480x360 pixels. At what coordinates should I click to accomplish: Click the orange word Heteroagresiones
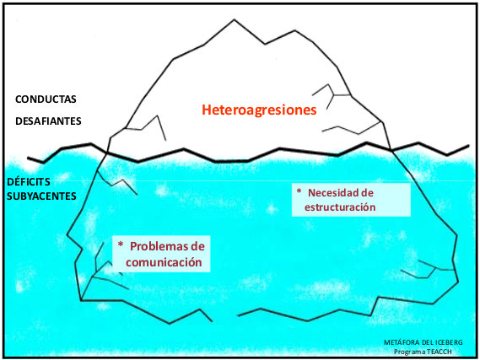259,110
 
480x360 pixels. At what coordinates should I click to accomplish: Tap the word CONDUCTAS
46,99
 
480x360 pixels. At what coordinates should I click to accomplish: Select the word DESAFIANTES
48,121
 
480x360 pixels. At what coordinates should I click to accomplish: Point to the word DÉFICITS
29,182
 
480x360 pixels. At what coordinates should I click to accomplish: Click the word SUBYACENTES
41,196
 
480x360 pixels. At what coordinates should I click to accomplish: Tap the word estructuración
340,207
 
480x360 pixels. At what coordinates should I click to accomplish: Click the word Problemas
157,246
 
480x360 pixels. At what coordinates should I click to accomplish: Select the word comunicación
164,262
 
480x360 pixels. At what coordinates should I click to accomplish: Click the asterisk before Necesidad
299,191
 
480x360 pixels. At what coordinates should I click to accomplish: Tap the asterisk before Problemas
121,244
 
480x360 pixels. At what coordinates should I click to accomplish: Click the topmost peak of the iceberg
235,19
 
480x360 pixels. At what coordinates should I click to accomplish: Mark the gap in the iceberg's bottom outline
225,318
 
